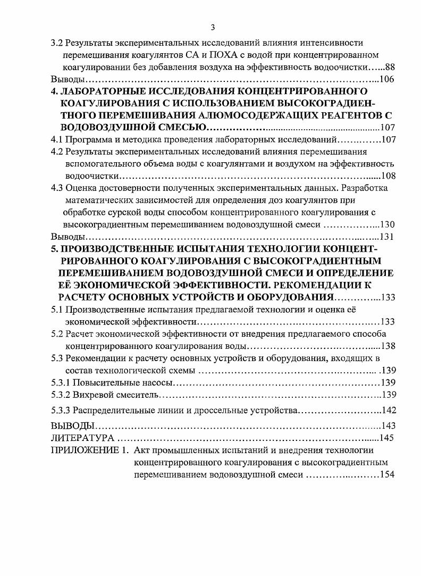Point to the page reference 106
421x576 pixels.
(387, 79)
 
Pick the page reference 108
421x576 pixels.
(387, 176)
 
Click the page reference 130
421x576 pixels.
(387, 224)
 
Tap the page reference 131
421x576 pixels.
(387, 237)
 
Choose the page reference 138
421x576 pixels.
(387, 346)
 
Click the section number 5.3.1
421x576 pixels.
(60, 382)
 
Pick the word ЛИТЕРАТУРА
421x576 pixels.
(82, 438)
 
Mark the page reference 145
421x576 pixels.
(387, 438)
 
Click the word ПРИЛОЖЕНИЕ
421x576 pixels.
(83, 451)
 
